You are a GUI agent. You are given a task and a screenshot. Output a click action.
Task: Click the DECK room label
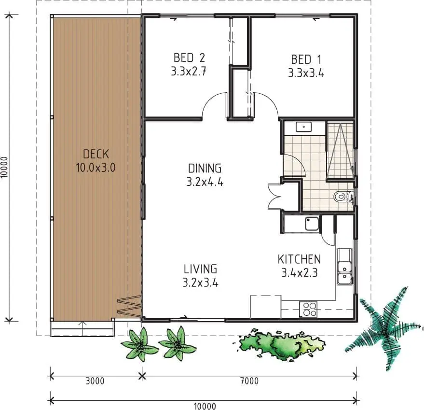(96, 154)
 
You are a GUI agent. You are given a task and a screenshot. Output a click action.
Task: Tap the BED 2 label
(189, 58)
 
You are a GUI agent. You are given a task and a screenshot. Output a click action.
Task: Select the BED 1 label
(306, 59)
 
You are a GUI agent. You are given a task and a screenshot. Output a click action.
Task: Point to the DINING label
(205, 169)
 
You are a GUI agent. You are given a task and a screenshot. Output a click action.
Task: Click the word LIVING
(200, 269)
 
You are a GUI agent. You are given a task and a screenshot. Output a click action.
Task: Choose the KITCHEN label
(300, 259)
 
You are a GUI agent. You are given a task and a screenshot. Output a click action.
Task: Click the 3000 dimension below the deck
(95, 381)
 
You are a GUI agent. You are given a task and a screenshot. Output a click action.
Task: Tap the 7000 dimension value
(249, 381)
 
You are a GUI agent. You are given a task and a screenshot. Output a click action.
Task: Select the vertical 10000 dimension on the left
(4, 168)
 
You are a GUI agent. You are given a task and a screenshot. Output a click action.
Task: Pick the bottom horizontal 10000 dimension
(205, 406)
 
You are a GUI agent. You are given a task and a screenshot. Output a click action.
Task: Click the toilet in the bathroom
(343, 197)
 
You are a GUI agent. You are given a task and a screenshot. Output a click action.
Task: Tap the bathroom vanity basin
(304, 127)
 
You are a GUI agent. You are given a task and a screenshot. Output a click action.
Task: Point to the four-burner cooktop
(308, 309)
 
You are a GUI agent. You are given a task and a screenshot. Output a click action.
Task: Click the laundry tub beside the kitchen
(312, 224)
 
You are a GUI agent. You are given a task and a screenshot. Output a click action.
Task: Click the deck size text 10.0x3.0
(96, 168)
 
